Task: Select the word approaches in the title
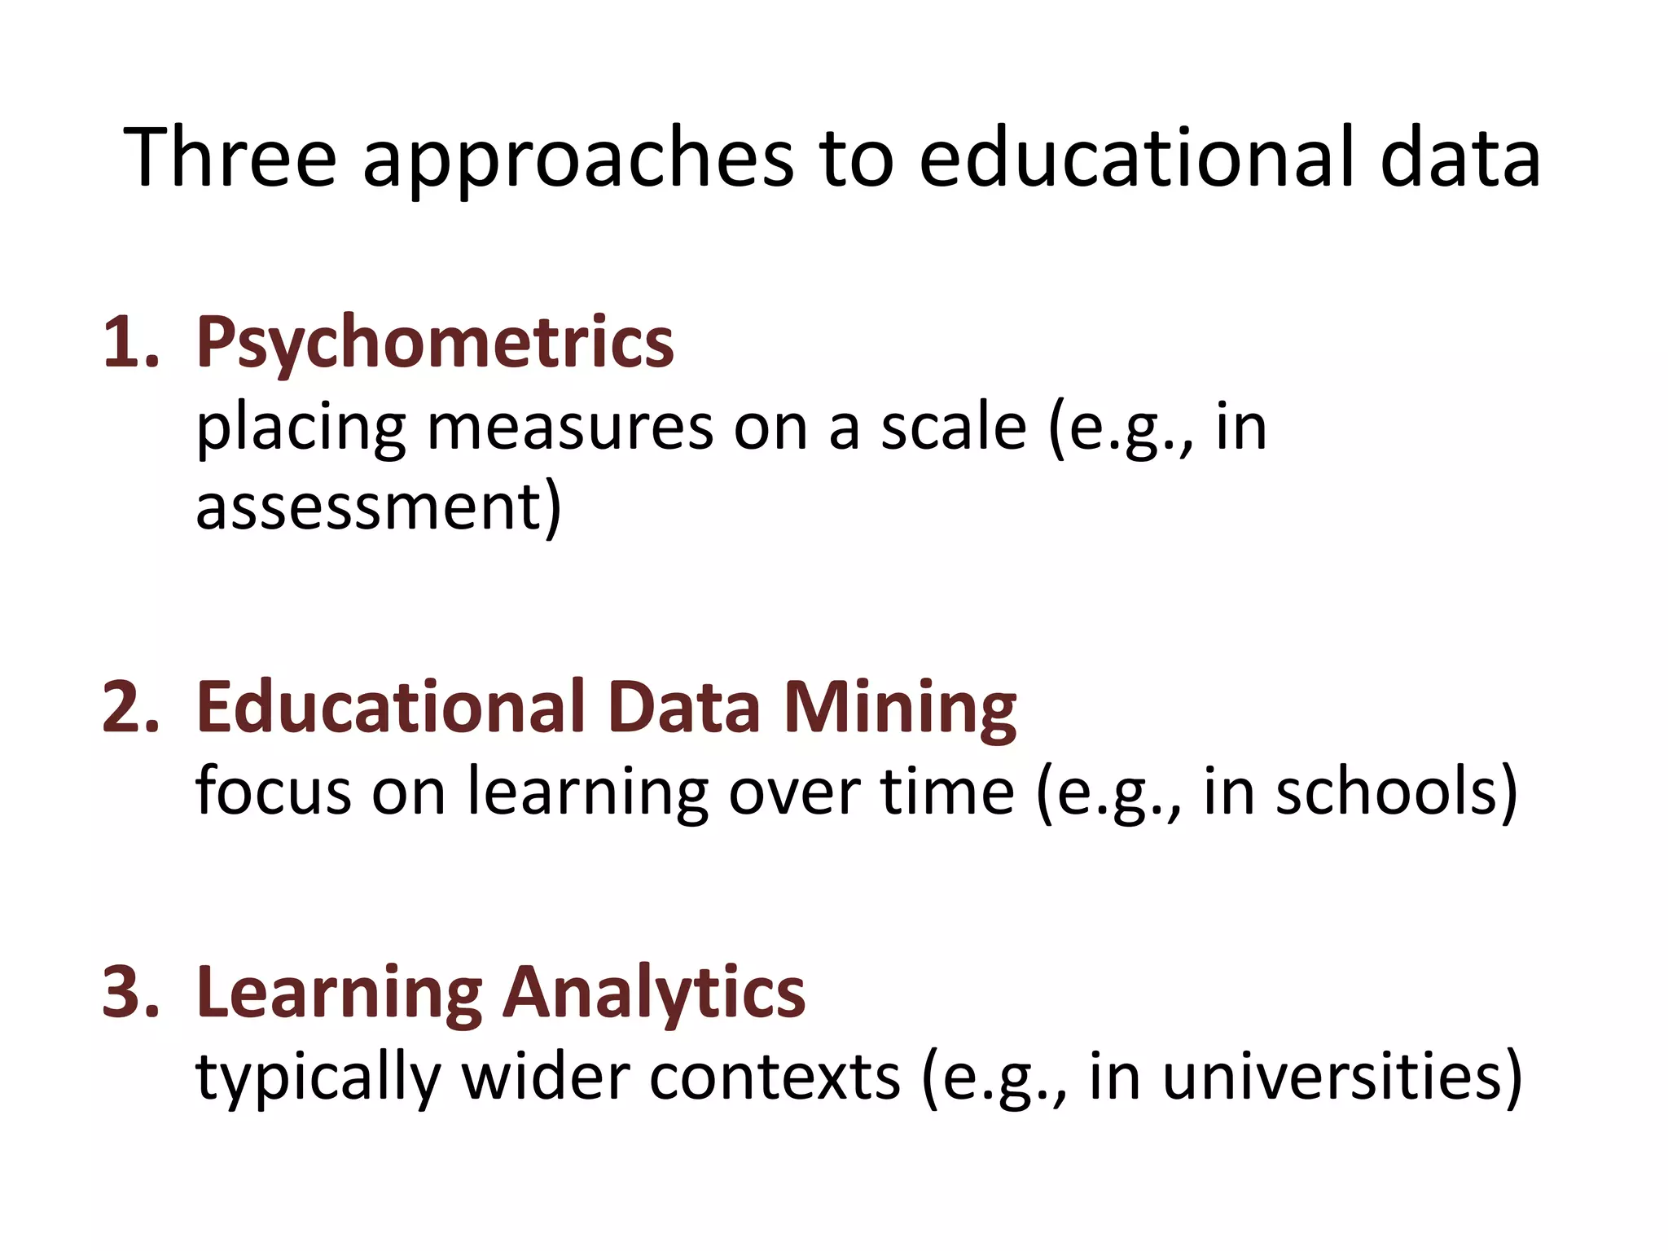point(577,159)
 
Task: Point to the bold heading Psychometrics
point(435,343)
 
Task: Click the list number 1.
point(129,343)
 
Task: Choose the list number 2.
point(129,707)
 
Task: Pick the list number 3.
point(129,991)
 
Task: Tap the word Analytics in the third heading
point(654,994)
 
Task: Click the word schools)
point(1396,792)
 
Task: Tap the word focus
point(273,792)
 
